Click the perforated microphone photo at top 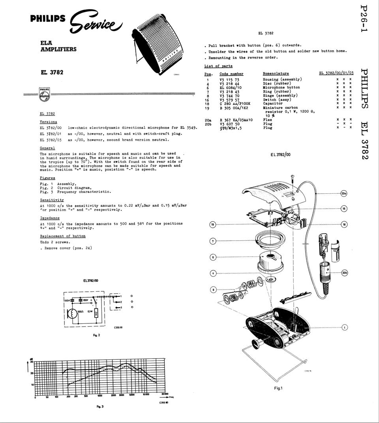[158, 43]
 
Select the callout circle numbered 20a [343, 194]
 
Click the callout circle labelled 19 [213, 225]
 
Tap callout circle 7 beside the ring [213, 241]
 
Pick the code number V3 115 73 [229, 79]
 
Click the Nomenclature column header [276, 74]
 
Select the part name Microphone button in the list [281, 87]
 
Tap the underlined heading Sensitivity [52, 200]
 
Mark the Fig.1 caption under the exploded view [278, 388]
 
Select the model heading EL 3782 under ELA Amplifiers [52, 72]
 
